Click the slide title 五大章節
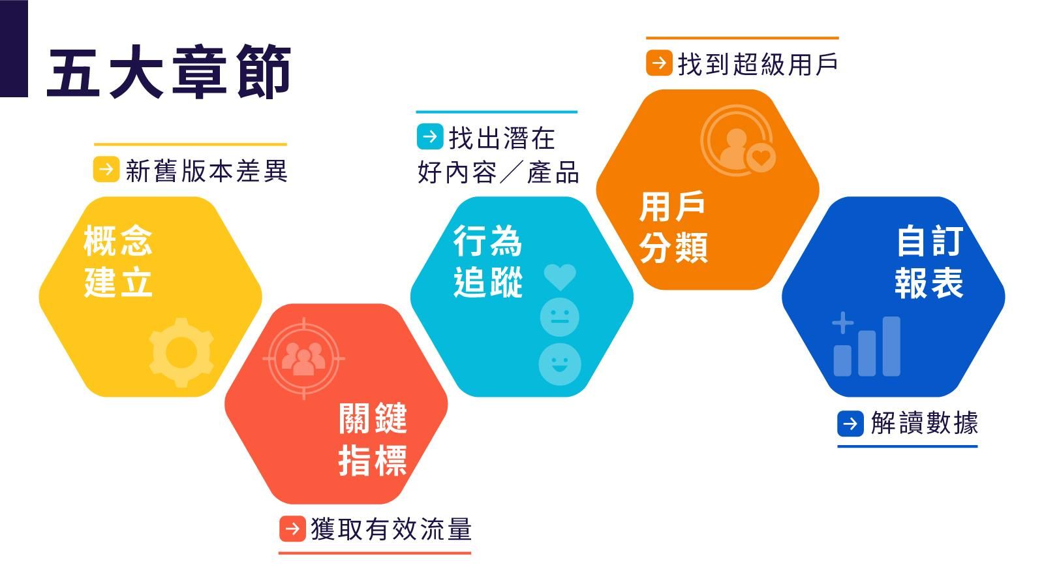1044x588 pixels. [169, 72]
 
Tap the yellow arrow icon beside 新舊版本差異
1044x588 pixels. [106, 169]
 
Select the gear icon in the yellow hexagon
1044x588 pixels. [181, 352]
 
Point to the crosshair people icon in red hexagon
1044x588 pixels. [304, 358]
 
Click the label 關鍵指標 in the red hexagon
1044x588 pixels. [373, 439]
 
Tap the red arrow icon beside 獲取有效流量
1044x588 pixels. [293, 529]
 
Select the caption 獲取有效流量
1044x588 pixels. [391, 529]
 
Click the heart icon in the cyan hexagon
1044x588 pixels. [560, 277]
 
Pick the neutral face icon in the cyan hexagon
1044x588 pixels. [559, 317]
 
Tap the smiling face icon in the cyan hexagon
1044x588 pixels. [560, 364]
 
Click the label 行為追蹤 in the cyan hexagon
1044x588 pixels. [488, 261]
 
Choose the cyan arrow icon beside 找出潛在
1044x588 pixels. [430, 136]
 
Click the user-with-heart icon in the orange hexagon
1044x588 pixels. [738, 140]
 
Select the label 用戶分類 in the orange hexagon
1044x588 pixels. [673, 226]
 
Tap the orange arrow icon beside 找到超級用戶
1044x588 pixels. [659, 63]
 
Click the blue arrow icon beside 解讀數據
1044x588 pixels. [851, 424]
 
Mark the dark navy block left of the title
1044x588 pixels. [14, 48]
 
